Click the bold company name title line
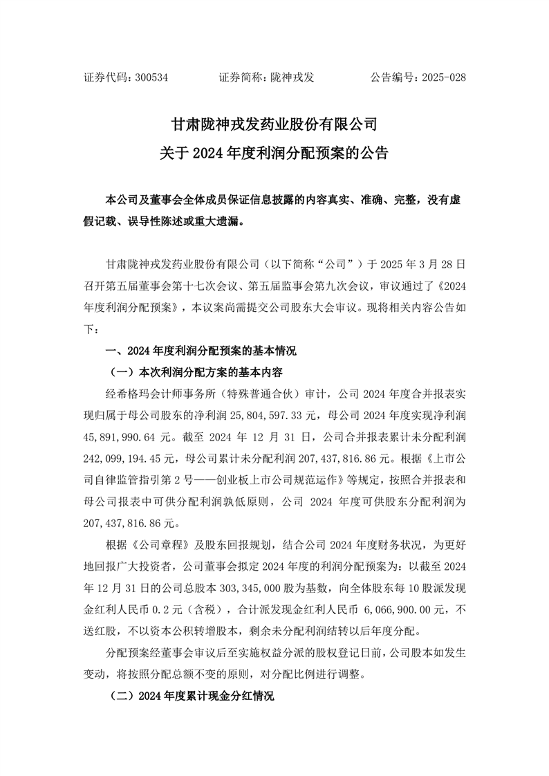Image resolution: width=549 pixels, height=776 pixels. coord(274,125)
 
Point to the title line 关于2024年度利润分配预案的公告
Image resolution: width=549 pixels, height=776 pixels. coord(274,153)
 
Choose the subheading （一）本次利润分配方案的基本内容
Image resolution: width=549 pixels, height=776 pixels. coord(196,372)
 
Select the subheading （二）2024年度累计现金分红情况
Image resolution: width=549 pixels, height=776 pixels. coord(193,696)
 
